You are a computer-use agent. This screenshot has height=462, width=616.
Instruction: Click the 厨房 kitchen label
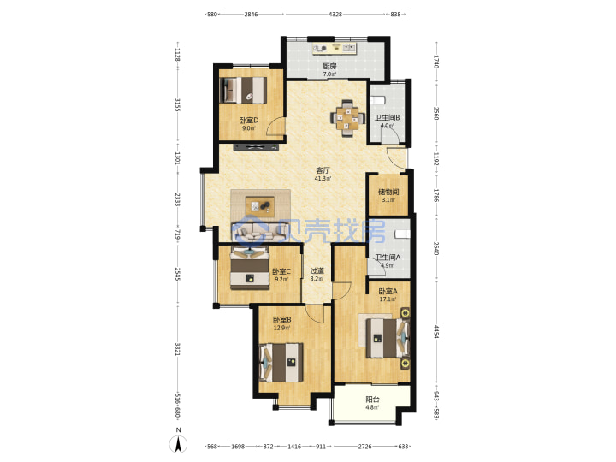pos(329,66)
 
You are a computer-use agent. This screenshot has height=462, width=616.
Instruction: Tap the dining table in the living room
pos(347,119)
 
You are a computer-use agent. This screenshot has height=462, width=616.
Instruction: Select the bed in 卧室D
pos(243,91)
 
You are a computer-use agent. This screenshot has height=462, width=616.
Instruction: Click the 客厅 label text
pos(323,170)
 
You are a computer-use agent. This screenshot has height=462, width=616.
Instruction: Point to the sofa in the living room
pos(260,232)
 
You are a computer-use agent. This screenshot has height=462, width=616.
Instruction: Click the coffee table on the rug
pos(260,206)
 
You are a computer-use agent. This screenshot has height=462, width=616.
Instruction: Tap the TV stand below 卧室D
pos(256,147)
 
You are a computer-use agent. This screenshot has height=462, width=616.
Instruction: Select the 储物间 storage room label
pos(388,192)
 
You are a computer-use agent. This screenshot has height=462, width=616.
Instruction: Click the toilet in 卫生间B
pos(378,100)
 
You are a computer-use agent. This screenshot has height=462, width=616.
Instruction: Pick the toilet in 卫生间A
pos(402,234)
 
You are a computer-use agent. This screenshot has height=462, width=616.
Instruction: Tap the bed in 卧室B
pos(281,362)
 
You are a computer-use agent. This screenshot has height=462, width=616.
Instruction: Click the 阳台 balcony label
pos(372,400)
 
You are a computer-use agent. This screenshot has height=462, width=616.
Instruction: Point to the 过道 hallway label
pos(317,270)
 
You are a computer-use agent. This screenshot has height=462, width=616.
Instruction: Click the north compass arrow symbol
pos(178,445)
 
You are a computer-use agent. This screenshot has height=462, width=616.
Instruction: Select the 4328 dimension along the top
pos(335,15)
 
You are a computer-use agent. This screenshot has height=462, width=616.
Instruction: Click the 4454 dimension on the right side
pos(435,331)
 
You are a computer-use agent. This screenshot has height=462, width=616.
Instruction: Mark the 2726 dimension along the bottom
pos(365,447)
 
